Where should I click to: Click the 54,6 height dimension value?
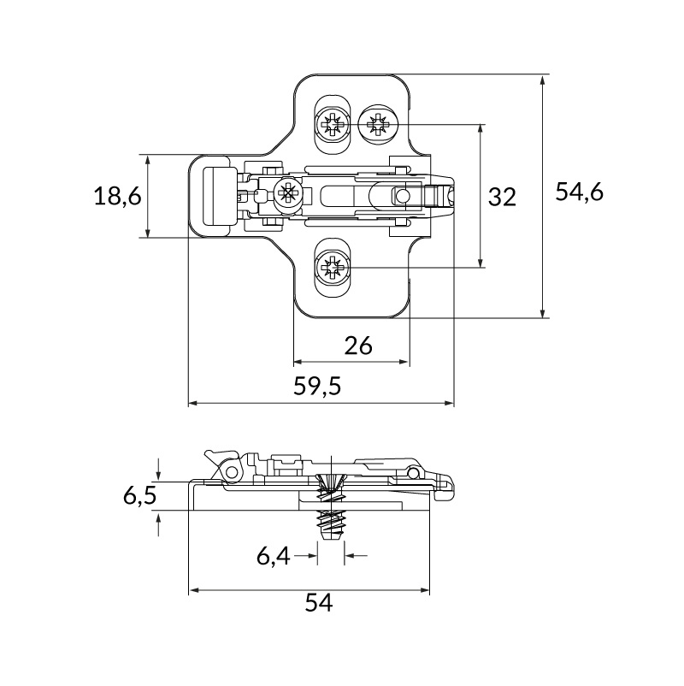tap(580, 192)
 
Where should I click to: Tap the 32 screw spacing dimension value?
tap(502, 197)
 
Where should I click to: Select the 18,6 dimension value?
tap(118, 196)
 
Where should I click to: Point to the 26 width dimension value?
tap(358, 346)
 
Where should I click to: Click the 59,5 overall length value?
tap(317, 387)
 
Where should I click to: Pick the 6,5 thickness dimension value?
tap(139, 496)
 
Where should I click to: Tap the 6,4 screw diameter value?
tap(274, 557)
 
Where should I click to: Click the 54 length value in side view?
tap(319, 602)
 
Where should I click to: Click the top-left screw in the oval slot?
tap(333, 125)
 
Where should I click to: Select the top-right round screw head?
tap(379, 124)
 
